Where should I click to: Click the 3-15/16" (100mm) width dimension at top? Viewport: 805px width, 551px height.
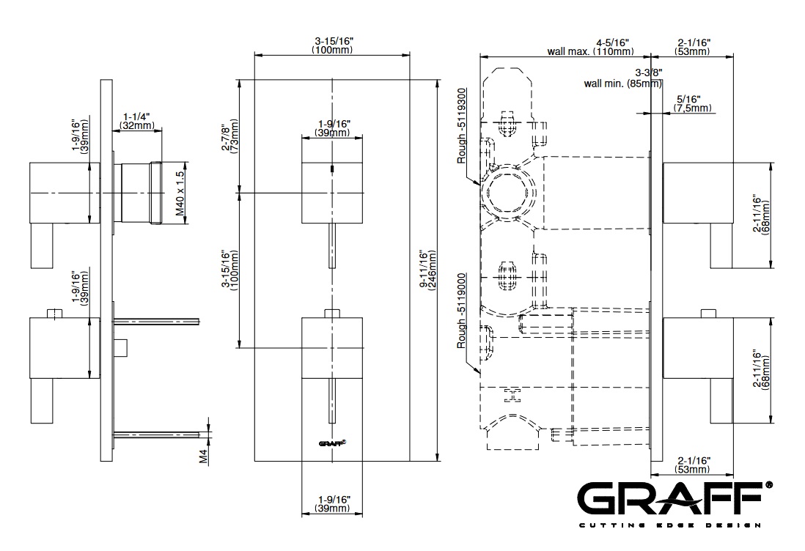point(331,45)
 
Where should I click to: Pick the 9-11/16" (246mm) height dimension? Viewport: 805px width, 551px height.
point(427,270)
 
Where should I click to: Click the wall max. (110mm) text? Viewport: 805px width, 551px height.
point(590,52)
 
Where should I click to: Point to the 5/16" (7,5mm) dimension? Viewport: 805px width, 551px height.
point(692,103)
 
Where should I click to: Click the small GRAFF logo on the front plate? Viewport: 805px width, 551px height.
point(331,442)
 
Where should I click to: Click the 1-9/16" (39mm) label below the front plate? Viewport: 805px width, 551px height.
point(332,503)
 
